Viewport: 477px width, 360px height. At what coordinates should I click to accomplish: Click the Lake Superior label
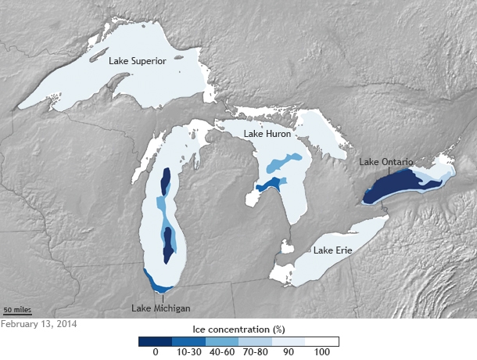[137, 61]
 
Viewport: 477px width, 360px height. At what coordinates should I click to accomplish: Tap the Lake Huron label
[267, 134]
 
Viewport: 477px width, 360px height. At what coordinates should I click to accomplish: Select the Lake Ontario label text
[386, 162]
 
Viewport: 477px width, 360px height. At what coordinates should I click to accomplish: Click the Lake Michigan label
[161, 308]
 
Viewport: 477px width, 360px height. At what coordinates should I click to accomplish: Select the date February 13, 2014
[38, 323]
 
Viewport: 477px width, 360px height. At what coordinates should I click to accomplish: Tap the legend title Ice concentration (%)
[238, 330]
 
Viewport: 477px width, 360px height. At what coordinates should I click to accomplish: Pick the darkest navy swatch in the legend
[156, 341]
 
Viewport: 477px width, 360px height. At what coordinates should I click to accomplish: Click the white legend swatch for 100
[321, 341]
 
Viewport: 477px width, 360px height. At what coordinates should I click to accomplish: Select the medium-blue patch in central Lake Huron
[278, 165]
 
